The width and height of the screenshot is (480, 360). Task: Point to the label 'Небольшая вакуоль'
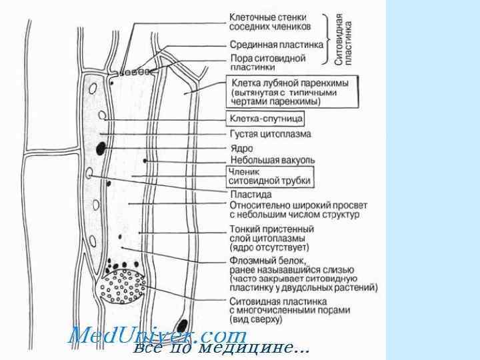pos(272,161)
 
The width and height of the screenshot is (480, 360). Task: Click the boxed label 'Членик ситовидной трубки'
pos(269,175)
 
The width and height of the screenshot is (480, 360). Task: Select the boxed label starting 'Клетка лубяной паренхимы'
pos(293,93)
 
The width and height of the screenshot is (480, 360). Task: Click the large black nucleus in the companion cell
pos(101,148)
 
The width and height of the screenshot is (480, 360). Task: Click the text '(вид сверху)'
pos(255,320)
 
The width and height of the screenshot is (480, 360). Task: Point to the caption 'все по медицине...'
pos(220,347)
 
